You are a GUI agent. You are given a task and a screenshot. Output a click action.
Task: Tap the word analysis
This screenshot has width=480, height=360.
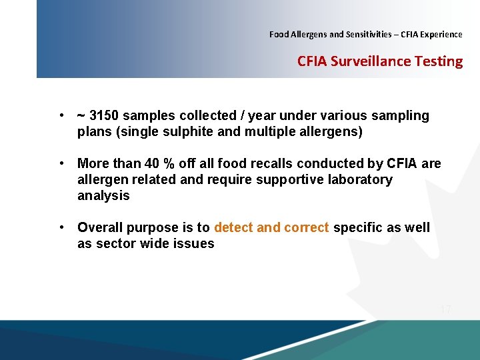(x=103, y=196)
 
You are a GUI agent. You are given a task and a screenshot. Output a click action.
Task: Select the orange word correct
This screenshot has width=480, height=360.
(x=306, y=228)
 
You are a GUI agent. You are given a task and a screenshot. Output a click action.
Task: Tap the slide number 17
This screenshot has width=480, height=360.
(x=446, y=309)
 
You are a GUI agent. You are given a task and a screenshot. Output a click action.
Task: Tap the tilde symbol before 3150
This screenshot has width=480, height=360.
(x=81, y=116)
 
